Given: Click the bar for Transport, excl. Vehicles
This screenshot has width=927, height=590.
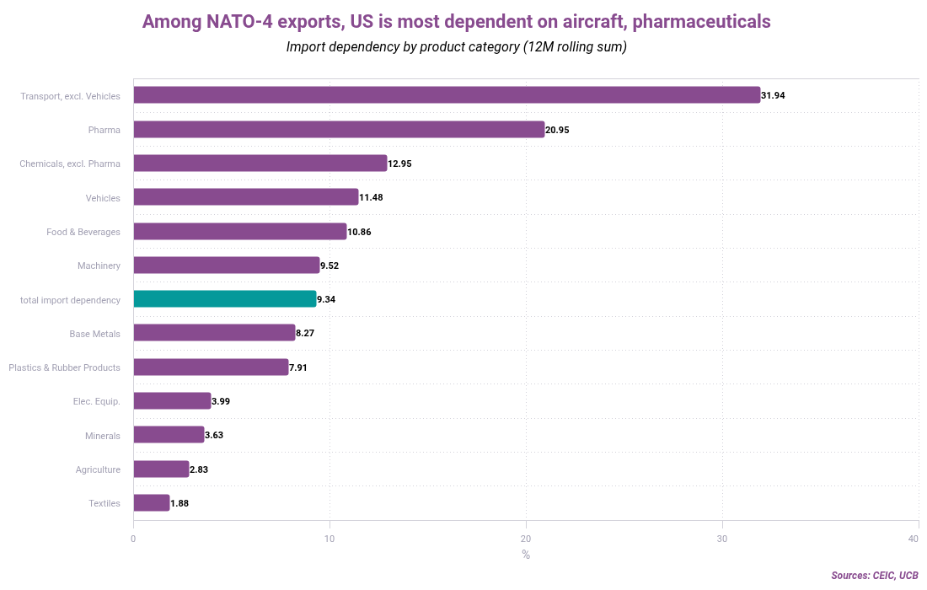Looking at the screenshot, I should click(447, 95).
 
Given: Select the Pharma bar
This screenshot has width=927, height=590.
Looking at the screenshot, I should click(339, 130).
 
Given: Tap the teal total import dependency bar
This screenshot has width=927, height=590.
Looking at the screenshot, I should click(225, 299).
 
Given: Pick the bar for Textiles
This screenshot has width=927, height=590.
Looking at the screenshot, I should click(152, 503).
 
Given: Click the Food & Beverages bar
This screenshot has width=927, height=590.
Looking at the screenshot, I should click(240, 231).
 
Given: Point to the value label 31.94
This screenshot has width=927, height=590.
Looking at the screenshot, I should click(773, 96).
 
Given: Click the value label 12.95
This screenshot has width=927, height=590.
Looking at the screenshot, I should click(399, 164).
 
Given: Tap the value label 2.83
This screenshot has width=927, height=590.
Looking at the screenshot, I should click(199, 469).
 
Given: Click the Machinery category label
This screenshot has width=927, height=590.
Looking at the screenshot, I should click(99, 265).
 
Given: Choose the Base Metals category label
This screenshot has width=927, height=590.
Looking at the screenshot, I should click(94, 334).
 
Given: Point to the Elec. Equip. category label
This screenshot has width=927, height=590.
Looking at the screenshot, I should click(96, 401).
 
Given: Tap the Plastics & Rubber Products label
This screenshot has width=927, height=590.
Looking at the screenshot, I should click(64, 367).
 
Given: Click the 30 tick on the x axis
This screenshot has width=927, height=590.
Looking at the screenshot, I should click(722, 539).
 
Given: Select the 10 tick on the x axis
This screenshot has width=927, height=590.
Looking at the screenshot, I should click(330, 539).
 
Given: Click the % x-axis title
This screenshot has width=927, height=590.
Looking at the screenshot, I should click(526, 555).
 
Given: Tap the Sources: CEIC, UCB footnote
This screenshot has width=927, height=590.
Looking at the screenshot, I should click(874, 576).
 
